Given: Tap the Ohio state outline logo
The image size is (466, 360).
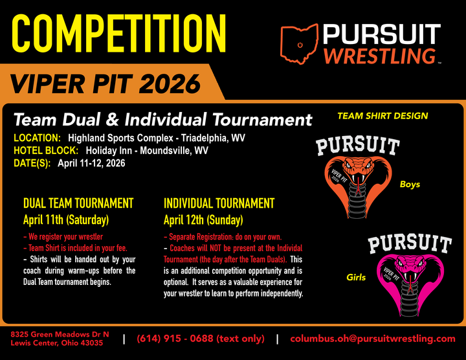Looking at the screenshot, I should (x=300, y=44).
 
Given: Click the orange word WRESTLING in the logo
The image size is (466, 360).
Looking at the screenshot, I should (x=378, y=56).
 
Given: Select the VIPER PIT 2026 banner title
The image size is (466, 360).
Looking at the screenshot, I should (x=105, y=83).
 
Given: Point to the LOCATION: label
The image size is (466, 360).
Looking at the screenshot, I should (x=38, y=138).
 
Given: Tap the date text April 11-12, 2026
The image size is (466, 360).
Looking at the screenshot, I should (x=91, y=163).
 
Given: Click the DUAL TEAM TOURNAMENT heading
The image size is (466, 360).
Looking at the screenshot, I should (x=78, y=203).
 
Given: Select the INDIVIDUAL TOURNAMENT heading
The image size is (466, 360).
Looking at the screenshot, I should (x=219, y=203).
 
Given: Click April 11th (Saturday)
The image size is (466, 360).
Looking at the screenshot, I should (x=66, y=219).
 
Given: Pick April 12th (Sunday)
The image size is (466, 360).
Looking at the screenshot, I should (x=203, y=219).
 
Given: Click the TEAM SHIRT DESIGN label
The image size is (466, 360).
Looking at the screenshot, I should (x=383, y=116).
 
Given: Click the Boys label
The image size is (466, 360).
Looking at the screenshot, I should (x=410, y=185).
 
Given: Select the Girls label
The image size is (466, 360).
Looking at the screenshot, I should (x=355, y=278).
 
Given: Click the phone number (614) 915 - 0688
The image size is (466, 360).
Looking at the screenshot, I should (x=200, y=339).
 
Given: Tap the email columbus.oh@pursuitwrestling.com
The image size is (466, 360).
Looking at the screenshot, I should (x=373, y=339).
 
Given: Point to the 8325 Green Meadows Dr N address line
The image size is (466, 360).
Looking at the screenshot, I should (x=60, y=334).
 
